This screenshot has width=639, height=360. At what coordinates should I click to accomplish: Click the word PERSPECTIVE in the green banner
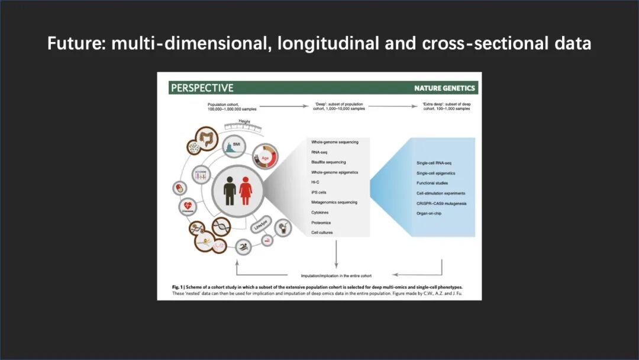coord(202,88)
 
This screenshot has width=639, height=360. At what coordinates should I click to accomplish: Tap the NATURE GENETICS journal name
coord(444,88)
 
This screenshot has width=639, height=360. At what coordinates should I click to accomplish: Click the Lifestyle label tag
coord(260,226)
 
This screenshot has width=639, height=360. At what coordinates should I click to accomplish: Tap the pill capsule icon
coord(177,188)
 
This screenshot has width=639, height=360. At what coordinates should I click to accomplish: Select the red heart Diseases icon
coord(188,207)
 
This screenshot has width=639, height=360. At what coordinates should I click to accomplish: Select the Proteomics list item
coord(321,223)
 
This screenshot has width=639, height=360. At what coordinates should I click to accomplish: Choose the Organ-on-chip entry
coord(429,213)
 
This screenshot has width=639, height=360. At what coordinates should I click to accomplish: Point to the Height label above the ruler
coord(244,121)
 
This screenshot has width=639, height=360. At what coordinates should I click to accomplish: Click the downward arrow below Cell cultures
coord(336,255)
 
